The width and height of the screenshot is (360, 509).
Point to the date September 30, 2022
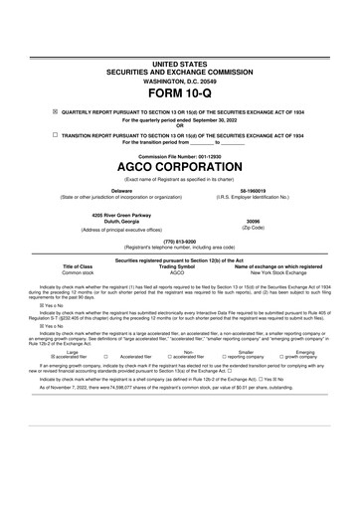tap(208, 119)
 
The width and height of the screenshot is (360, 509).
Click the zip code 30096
tap(252, 222)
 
